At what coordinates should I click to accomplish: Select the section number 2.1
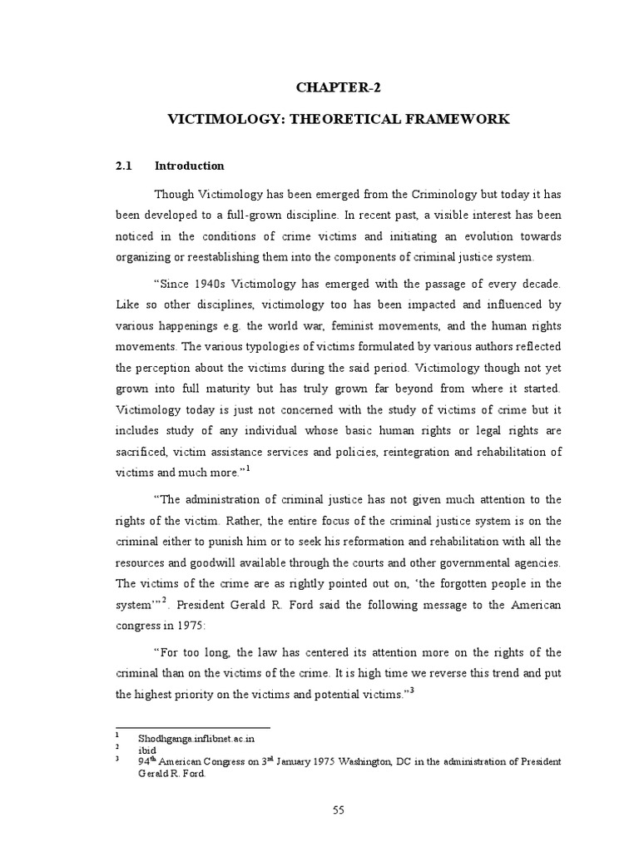pyautogui.click(x=124, y=166)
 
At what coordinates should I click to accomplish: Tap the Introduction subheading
pyautogui.click(x=189, y=166)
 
